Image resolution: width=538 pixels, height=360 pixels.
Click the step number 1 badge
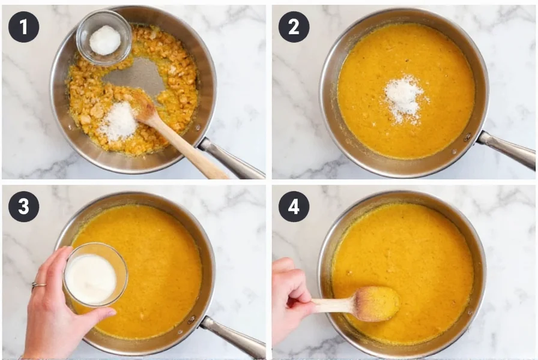point(23,27)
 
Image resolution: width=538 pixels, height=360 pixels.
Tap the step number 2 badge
point(294,27)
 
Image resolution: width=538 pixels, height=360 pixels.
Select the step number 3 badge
point(23,207)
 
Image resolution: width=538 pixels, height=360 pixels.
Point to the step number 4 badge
point(294,207)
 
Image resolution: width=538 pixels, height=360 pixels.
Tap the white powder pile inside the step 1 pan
point(118,121)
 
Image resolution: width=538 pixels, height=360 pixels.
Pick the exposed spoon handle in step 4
point(333,305)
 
